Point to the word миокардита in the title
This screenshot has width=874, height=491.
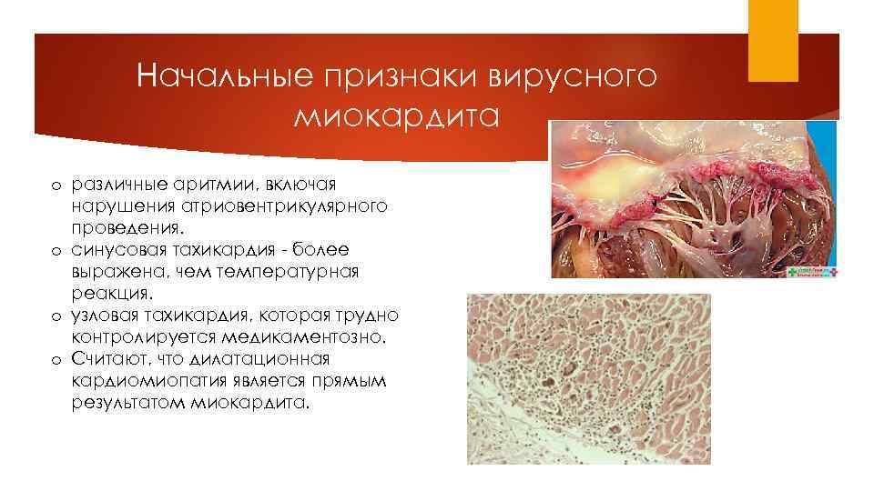coord(398,117)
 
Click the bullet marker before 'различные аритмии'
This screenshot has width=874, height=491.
coord(55,185)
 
